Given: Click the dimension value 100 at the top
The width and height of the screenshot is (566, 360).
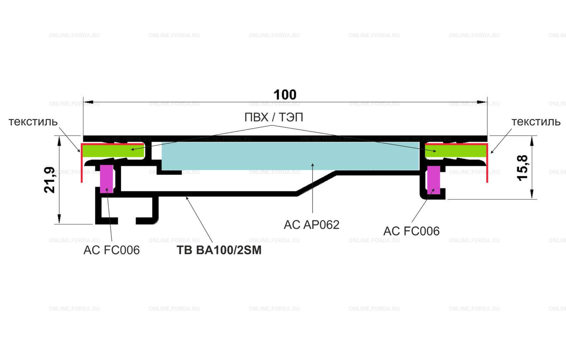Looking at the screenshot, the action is pos(285,95).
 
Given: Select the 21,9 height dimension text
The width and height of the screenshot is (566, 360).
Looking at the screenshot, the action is pos(50,180).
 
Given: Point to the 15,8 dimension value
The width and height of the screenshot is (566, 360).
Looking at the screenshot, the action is pos(522,168).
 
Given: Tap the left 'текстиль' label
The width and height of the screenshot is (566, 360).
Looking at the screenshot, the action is pos(33,122).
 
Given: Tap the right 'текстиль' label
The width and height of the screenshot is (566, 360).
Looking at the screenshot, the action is pos(536,122).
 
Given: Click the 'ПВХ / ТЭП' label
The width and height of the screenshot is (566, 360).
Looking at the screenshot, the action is pos(274,117).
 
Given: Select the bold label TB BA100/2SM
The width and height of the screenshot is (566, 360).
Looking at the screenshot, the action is pos(219,250).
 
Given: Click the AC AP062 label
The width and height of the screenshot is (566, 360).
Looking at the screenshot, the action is pos(312,225).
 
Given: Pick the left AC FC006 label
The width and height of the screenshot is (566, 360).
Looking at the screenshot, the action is pos(111,250).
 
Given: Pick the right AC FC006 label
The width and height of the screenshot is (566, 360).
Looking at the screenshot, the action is pos(411,231).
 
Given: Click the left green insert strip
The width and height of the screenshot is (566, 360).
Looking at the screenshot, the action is pos(113,151).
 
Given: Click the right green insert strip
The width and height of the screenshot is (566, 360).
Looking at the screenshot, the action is pos(456,151).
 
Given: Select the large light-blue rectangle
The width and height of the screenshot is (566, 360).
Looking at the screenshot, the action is pos(291,156).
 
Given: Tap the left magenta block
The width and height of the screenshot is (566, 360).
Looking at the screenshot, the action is pos(107,179).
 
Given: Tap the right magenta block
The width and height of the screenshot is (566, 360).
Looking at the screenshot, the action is pos(434,180).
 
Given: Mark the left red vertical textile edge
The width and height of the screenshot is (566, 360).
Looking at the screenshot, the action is pos(82,163).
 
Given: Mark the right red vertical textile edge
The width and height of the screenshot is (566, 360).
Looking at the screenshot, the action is pos(487,163).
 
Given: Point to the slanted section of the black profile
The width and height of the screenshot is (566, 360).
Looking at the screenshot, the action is pos(316,183).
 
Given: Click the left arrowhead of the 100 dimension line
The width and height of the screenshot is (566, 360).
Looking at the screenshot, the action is pos(88,102).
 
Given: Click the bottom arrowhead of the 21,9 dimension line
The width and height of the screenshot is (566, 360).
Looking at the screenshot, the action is pos(59,219).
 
